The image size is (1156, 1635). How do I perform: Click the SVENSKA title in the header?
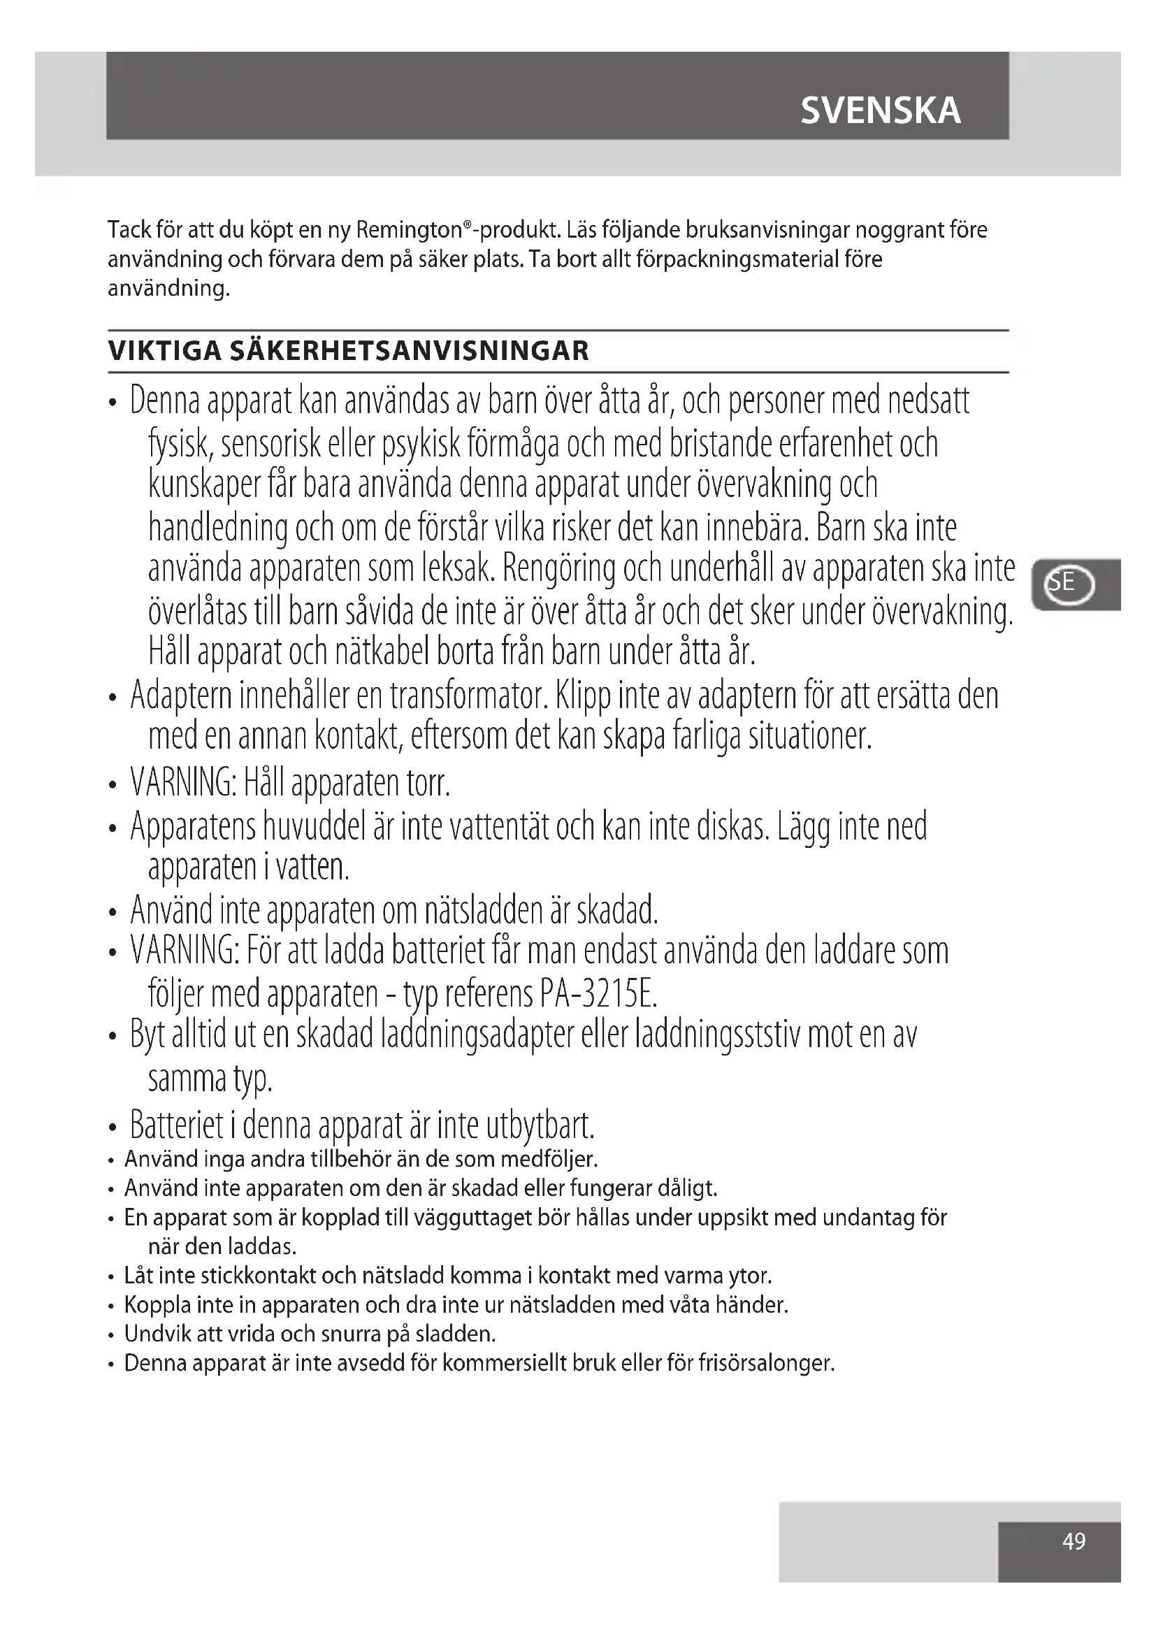[881, 110]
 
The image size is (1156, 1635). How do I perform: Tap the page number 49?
[1074, 1542]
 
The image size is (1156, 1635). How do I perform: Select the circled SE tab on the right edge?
[1069, 584]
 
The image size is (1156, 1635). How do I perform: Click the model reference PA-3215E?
[598, 994]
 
